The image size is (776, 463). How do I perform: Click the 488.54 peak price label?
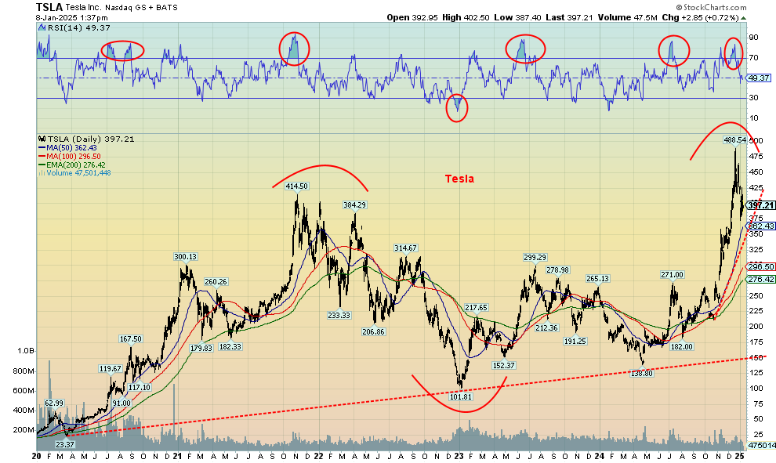(734, 140)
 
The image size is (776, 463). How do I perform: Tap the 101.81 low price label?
(459, 396)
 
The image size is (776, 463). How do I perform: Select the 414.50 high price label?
(296, 186)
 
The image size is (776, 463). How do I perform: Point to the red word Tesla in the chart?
(459, 179)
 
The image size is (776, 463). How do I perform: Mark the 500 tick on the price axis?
(756, 141)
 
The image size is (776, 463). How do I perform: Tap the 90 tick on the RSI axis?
(753, 38)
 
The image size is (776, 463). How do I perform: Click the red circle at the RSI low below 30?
(457, 108)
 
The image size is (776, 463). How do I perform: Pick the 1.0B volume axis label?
(25, 352)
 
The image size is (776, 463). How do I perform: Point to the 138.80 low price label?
(641, 374)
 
